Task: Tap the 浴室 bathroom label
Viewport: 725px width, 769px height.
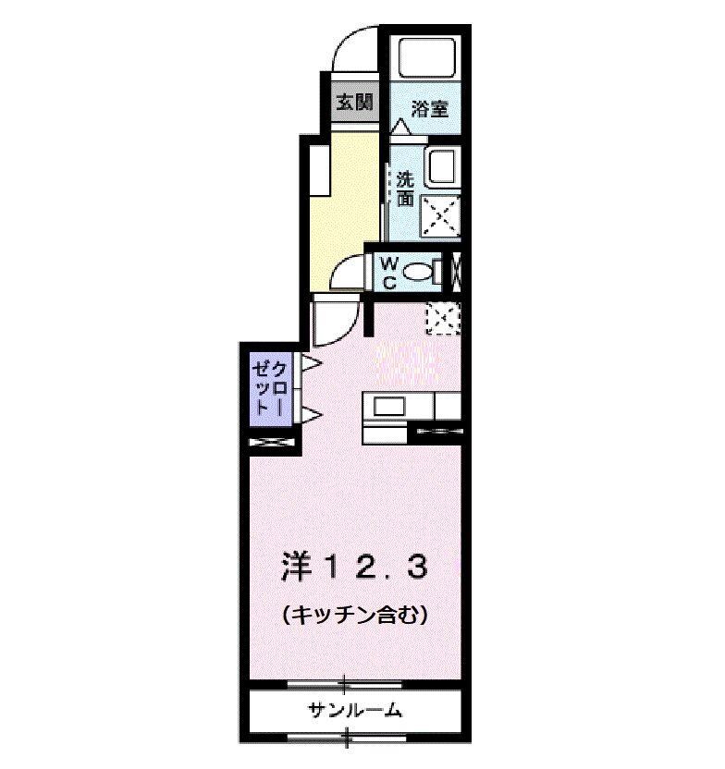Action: [x=429, y=108]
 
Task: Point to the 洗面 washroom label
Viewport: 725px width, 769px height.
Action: [x=405, y=188]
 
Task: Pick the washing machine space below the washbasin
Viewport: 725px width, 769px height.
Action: [x=440, y=216]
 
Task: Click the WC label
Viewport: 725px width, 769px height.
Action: [x=389, y=274]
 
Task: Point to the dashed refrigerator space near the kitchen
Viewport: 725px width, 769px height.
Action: [x=442, y=317]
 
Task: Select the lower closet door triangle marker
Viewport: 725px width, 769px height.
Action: [x=311, y=414]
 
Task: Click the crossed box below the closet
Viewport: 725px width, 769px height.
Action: [x=271, y=443]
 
